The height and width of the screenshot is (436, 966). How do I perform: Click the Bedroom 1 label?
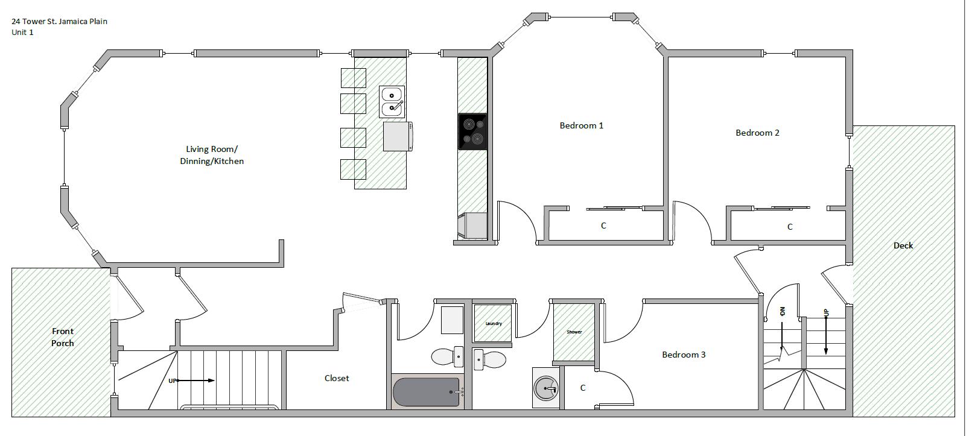581,125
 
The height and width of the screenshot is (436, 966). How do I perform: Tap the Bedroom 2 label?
757,133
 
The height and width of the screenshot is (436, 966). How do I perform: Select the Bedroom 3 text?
684,355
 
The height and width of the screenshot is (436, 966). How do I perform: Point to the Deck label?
903,245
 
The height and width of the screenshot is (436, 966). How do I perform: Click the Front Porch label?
63,337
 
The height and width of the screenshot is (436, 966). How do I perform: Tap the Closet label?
337,378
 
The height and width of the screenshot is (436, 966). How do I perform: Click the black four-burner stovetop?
472,131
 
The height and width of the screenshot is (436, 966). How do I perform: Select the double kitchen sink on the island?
392,101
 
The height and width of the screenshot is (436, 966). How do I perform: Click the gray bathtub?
427,391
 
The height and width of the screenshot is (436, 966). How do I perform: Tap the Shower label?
574,332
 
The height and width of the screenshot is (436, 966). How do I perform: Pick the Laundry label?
494,324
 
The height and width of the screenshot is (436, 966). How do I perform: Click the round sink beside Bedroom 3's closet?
547,388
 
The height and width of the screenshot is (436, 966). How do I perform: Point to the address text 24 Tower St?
59,21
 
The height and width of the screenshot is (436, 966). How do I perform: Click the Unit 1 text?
22,33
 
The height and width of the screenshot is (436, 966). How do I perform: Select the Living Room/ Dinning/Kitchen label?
212,155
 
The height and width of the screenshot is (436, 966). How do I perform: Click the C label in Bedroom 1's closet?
603,226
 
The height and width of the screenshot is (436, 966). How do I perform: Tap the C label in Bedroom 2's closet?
790,227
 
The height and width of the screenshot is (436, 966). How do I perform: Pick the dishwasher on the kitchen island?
398,136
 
